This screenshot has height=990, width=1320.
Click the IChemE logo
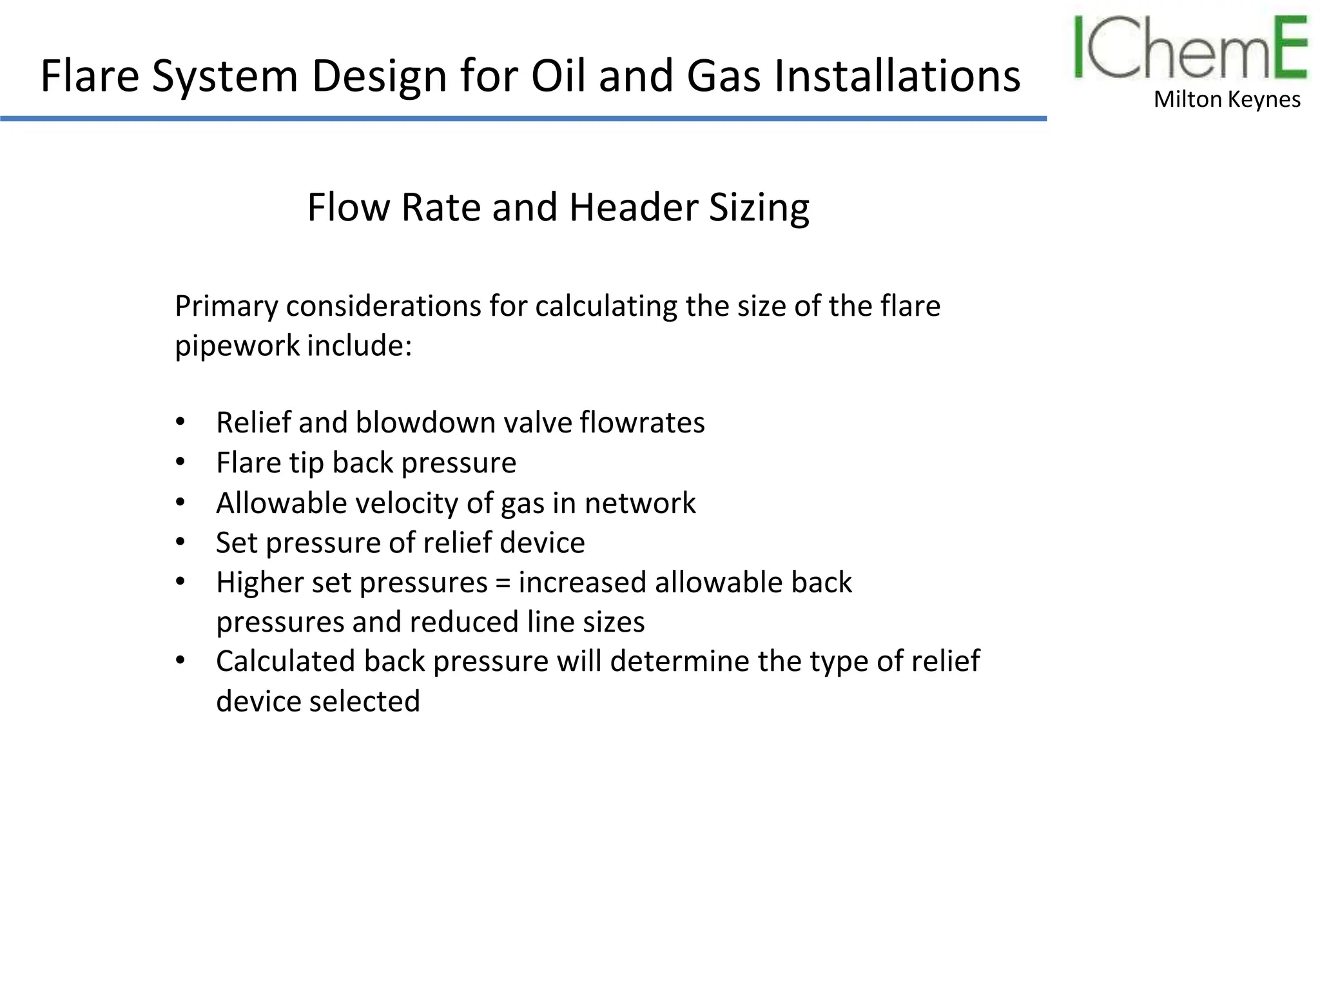pos(1190,49)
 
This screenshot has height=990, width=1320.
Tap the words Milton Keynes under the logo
pos(1227,100)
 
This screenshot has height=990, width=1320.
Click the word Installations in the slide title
pos(897,76)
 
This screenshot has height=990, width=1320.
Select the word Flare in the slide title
pos(90,76)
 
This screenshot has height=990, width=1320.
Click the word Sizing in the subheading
pos(759,208)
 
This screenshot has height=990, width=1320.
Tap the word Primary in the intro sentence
pos(226,306)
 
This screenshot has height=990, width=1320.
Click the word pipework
pos(237,346)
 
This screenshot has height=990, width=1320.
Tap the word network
pos(640,503)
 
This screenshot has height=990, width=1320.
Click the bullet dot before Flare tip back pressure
pos(180,462)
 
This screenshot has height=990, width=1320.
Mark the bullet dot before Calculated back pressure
pos(180,661)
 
